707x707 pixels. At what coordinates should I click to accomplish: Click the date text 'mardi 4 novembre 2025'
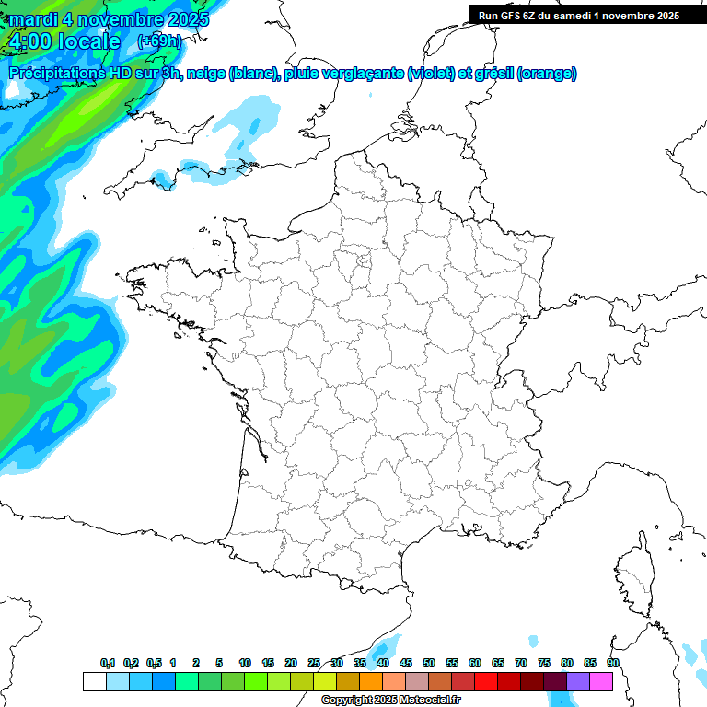coord(109,18)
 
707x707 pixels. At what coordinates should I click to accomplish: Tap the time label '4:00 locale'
coord(64,41)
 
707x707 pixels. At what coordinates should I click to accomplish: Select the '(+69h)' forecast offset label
coord(159,41)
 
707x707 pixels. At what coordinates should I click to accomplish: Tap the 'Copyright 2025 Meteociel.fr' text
coord(391,701)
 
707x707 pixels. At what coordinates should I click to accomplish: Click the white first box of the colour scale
coord(94,681)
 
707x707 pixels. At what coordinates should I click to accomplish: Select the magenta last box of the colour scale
coord(601,681)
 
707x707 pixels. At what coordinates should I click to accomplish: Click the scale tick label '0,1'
coord(108,663)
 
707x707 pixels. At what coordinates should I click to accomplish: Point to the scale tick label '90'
coord(613,663)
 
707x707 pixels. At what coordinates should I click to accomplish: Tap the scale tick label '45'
coord(406,663)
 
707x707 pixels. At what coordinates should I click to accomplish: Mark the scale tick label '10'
coord(245,663)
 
